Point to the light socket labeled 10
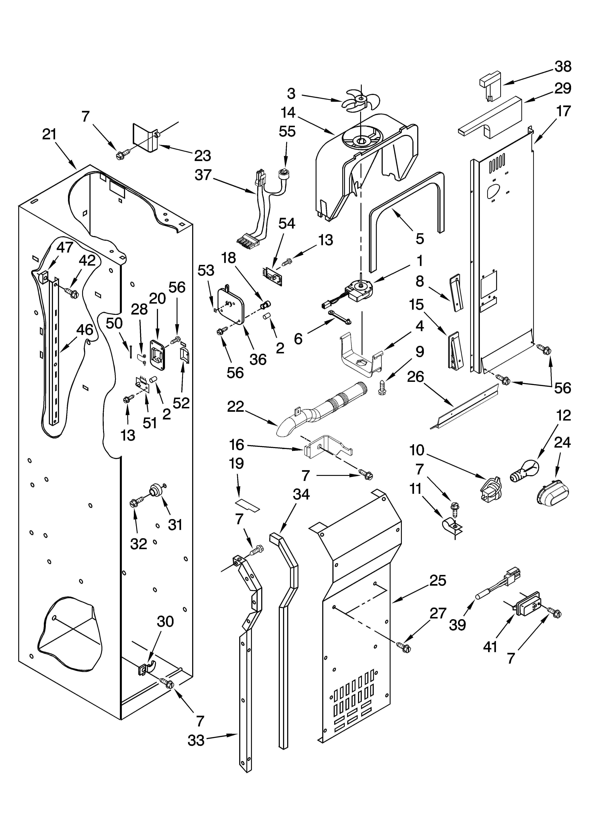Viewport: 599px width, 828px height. pos(490,488)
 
